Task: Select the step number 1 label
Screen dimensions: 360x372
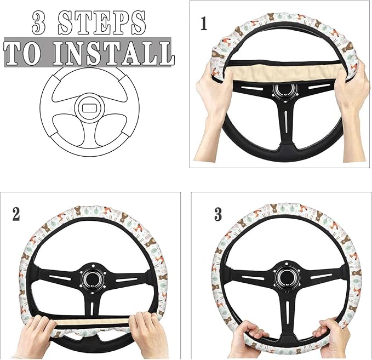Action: (204, 25)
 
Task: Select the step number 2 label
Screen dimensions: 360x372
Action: (16, 213)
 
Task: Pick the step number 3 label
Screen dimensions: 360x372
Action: (218, 214)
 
